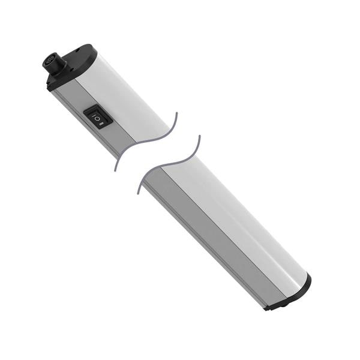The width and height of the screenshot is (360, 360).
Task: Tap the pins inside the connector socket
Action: click(49, 59)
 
